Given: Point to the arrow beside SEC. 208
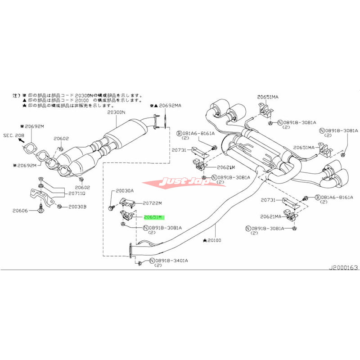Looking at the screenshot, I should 21,140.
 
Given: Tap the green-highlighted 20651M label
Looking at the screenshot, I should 155,216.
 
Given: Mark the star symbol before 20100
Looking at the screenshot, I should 204,241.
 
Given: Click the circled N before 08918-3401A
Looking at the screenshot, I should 153,261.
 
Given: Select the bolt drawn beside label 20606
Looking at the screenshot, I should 41,208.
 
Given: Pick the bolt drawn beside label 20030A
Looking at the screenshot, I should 111,207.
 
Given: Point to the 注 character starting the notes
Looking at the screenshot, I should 14,96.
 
